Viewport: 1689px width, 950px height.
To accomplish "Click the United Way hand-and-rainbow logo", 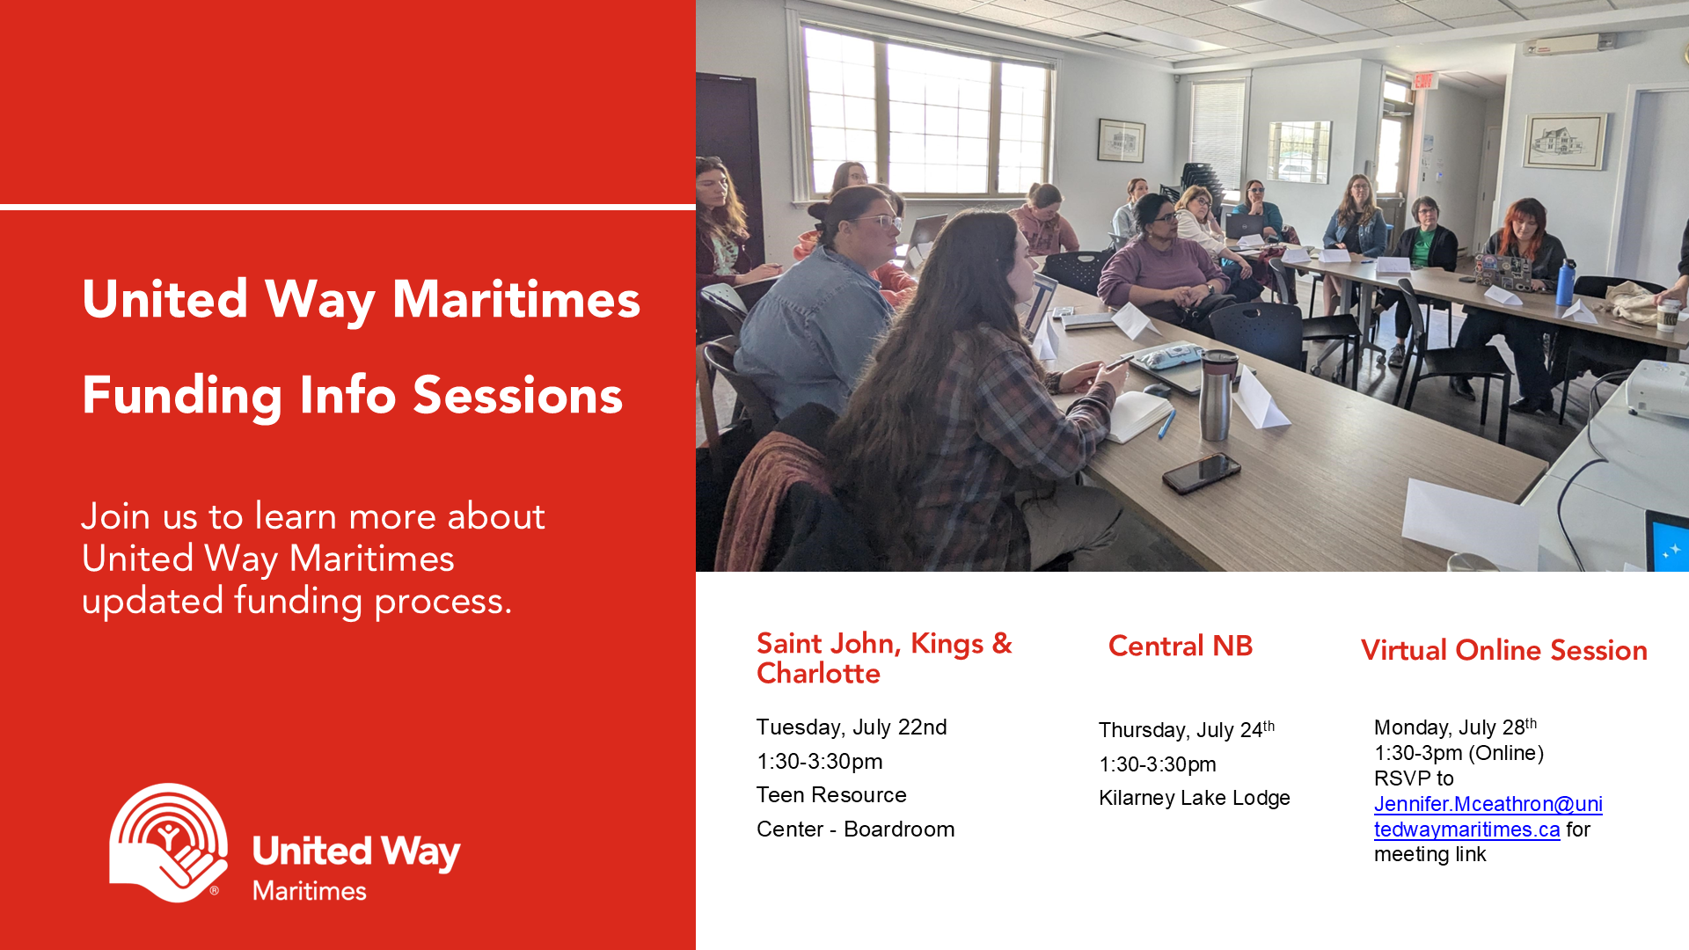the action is coord(169,843).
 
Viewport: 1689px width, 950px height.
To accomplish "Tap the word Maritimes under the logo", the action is coord(310,891).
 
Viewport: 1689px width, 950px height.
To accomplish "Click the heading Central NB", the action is coord(1181,646).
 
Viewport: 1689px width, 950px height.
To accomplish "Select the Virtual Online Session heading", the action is coord(1504,650).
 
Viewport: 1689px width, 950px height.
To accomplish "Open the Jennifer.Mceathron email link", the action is coord(1488,816).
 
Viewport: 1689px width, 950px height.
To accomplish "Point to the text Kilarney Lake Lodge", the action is coord(1195,798).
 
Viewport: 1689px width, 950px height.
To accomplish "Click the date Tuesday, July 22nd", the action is coord(852,727).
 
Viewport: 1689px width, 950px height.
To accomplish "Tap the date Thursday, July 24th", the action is coord(1187,730).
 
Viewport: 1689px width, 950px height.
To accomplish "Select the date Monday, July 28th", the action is coord(1456,727).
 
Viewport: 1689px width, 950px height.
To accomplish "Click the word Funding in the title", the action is coord(182,396).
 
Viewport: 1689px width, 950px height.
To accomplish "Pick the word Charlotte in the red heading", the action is coord(818,674).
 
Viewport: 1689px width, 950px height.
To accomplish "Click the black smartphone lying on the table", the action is coord(1202,472).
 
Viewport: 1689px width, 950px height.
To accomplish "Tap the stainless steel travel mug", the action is coord(1217,394).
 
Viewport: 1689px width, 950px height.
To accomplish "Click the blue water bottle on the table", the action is coord(1565,282).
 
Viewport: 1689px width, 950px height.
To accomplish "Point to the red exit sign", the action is coord(1424,82).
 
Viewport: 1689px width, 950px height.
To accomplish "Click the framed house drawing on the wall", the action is coord(1565,141).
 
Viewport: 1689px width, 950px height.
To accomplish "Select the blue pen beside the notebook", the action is coord(1166,423).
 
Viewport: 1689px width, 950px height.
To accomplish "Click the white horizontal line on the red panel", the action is coord(347,208).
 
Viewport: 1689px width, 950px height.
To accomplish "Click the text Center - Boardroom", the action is coord(855,829).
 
